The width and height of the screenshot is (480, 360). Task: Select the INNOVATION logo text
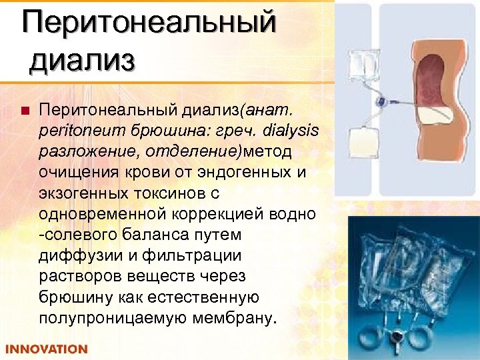pos(47,349)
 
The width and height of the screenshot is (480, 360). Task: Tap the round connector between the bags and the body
pos(383,103)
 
